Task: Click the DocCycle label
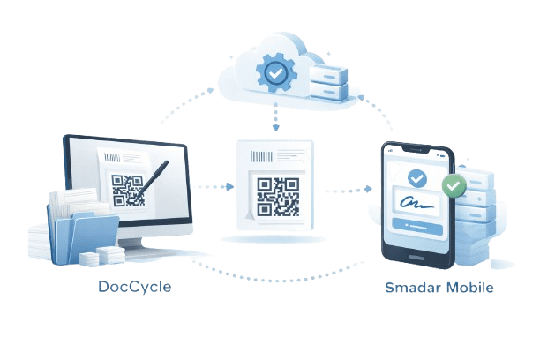(135, 287)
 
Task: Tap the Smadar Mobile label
(439, 288)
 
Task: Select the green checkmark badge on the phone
(454, 185)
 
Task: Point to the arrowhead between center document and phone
(369, 189)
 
